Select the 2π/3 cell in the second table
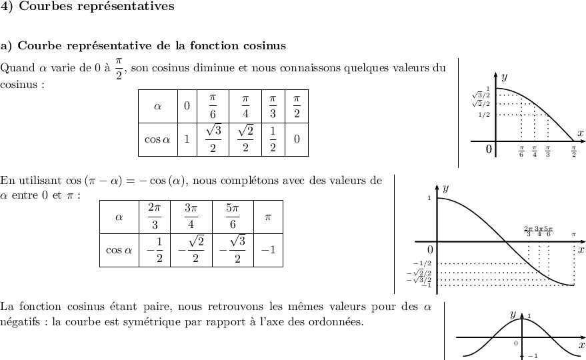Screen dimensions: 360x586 (155, 216)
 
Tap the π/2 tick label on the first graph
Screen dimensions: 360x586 (574, 153)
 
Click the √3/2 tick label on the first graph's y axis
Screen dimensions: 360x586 (481, 96)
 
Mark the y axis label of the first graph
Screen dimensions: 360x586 (504, 77)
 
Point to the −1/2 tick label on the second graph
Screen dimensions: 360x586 (423, 264)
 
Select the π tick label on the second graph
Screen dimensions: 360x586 (573, 235)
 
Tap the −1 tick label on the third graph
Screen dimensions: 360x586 (532, 356)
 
